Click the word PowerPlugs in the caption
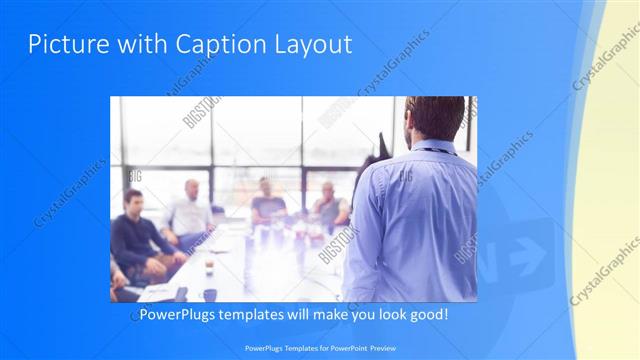[x=177, y=314]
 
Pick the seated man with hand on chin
[x=328, y=204]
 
